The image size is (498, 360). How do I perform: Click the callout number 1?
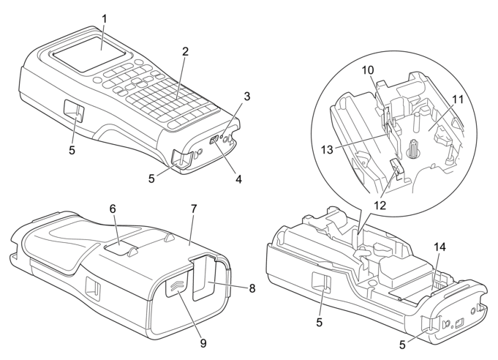tap(104, 19)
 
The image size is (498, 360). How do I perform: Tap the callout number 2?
tap(186, 51)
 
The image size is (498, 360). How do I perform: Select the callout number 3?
tap(247, 96)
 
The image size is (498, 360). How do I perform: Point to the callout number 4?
tap(238, 179)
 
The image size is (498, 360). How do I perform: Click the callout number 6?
tap(113, 209)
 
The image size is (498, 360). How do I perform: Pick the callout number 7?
tap(194, 209)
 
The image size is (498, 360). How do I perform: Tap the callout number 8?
tap(252, 288)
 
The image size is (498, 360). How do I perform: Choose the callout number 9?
tap(203, 343)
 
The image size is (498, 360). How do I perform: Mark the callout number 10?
tap(369, 70)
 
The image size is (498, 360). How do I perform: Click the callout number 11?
tap(457, 100)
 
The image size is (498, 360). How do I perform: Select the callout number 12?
tap(380, 206)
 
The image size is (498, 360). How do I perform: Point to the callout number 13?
tap(327, 149)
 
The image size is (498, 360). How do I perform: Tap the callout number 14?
tap(439, 247)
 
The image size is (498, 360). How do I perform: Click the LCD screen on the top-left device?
tap(89, 54)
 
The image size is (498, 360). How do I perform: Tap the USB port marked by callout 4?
tap(214, 140)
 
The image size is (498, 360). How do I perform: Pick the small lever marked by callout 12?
tap(396, 166)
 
